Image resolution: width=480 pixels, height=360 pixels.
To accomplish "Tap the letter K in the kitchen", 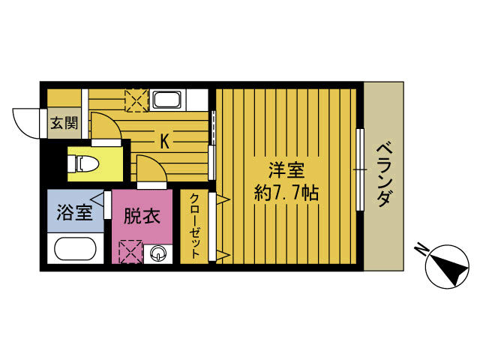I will [x=163, y=139].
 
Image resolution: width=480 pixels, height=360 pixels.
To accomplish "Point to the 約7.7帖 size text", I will [x=287, y=193].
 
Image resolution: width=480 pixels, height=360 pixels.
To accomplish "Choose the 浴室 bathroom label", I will [x=74, y=212].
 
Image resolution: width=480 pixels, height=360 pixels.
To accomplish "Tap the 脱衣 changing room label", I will [x=142, y=217].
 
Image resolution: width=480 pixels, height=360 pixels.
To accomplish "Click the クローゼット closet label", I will [x=194, y=226].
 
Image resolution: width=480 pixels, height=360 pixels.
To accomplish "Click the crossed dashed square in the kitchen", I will [x=136, y=100].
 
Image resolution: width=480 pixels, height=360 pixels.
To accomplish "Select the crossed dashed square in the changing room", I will [x=130, y=250].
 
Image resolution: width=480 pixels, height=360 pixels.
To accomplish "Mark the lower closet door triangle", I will [x=222, y=254].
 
